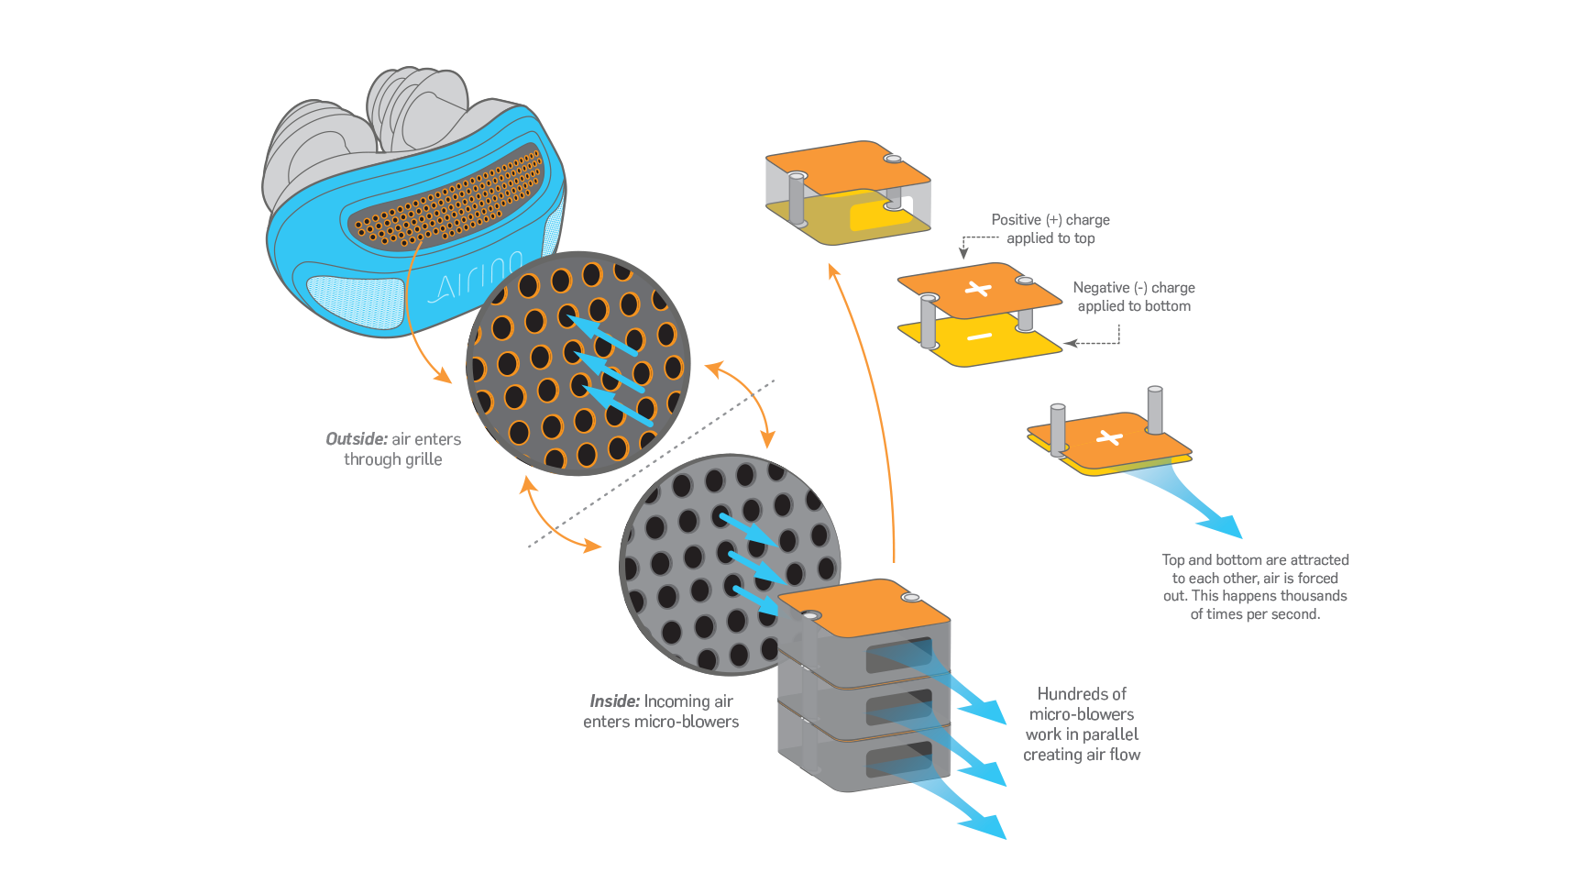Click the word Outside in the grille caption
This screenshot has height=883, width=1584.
(x=356, y=439)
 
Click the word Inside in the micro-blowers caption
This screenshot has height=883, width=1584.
(x=614, y=701)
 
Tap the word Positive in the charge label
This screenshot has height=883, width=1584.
(x=1016, y=220)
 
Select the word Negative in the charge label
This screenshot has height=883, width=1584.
(x=1101, y=288)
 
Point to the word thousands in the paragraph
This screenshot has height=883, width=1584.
(x=1315, y=596)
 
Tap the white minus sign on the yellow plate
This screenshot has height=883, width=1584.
(x=979, y=337)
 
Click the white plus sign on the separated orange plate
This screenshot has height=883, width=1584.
(x=978, y=290)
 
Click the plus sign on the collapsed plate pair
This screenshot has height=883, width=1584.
(x=1109, y=437)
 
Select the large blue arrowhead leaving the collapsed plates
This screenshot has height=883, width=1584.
(x=1223, y=525)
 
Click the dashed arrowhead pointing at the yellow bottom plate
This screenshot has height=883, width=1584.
(x=1069, y=344)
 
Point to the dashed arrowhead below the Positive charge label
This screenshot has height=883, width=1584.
(x=963, y=252)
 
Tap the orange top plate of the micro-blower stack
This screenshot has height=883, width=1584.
(x=862, y=605)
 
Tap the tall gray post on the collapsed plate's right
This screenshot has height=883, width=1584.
(x=1155, y=410)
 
